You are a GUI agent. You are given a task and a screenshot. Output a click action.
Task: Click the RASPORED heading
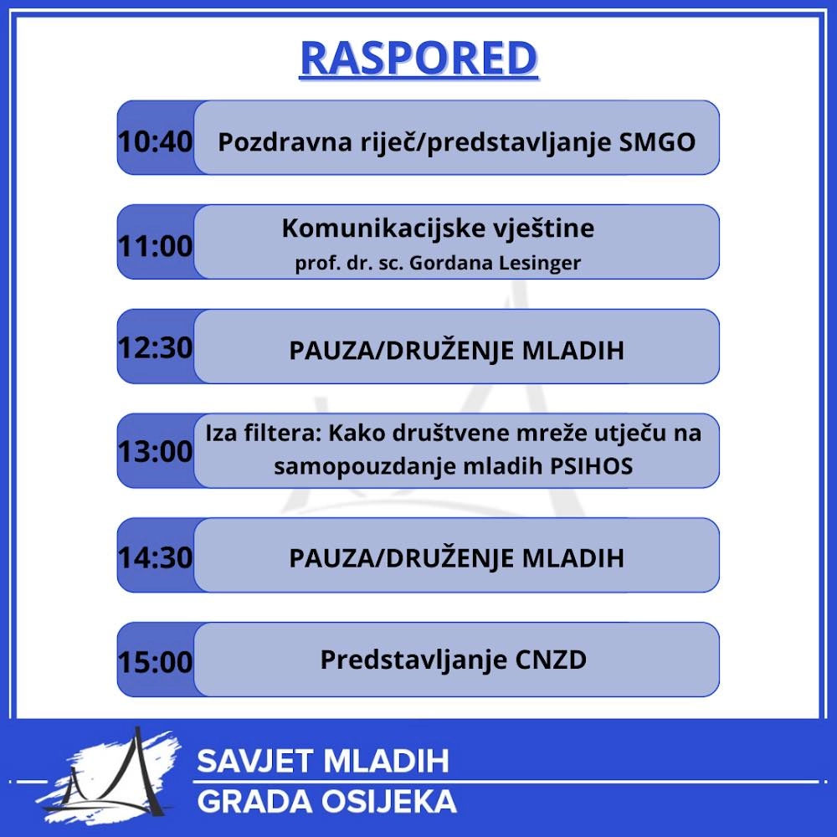[418, 58]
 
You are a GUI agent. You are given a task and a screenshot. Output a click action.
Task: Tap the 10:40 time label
[155, 142]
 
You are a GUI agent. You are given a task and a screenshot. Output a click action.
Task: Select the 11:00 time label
[155, 246]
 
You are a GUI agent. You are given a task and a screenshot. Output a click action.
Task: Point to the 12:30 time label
[155, 348]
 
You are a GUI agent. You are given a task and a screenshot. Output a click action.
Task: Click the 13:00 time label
[155, 452]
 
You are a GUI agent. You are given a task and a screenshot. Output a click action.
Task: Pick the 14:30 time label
[155, 557]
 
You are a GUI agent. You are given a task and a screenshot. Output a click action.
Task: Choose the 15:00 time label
[155, 662]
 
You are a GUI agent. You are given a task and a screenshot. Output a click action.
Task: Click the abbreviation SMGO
[657, 142]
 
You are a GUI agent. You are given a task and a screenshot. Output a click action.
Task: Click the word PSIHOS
[592, 466]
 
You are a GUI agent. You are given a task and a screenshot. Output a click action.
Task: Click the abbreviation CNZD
[551, 660]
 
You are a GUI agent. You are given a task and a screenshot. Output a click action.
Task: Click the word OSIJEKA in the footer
[389, 802]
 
